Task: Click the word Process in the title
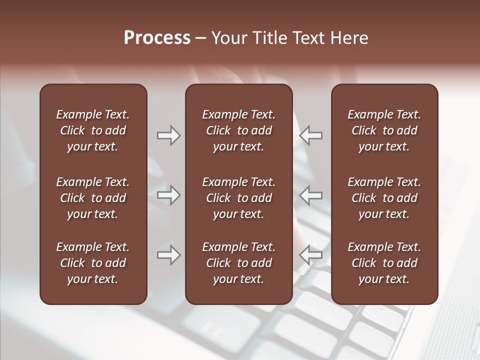coord(157,38)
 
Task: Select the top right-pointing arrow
coord(169,135)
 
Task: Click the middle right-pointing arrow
coord(169,195)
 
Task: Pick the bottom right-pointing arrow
coord(169,255)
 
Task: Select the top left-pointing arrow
coord(311,135)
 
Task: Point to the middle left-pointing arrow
coord(311,195)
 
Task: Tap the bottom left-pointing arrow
coord(311,255)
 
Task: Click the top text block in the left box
coord(93,130)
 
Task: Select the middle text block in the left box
coord(93,198)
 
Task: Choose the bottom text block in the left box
coord(93,263)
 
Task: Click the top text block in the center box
coord(238,130)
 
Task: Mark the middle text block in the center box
coord(238,198)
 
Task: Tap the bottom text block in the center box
coord(238,263)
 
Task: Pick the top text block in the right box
coord(384,130)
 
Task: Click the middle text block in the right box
coord(384,198)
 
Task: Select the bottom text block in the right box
coord(384,263)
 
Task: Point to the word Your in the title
coord(228,38)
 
